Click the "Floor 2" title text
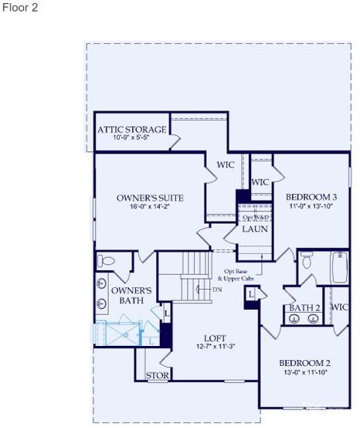point(20,8)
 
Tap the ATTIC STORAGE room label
point(131,129)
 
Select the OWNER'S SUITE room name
point(150,198)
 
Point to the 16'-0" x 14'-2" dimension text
point(150,207)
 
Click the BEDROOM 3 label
point(311,197)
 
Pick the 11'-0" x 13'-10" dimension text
point(311,206)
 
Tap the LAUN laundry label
point(255,229)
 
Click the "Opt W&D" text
point(255,218)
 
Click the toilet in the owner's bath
point(107,260)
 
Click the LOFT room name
point(215,338)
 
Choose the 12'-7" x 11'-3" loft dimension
point(215,347)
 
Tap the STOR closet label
point(158,376)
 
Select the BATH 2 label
point(304,307)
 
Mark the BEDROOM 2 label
point(304,363)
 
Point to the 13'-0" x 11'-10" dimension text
point(304,372)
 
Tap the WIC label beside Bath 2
point(340,307)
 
